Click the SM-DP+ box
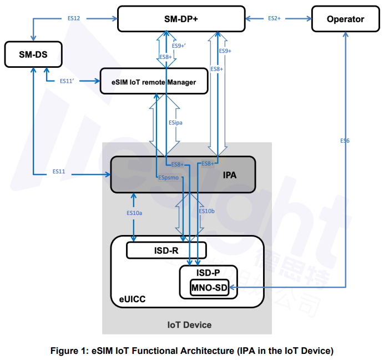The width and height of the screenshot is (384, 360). (x=181, y=18)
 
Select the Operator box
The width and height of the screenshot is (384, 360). (x=345, y=19)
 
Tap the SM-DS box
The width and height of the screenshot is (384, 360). (x=33, y=54)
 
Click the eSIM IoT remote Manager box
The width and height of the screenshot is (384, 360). (x=148, y=82)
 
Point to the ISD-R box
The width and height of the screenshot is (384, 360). (x=166, y=251)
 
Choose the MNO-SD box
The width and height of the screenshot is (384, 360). (x=209, y=288)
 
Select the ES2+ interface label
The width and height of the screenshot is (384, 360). (x=274, y=18)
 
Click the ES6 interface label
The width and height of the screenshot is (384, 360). (x=345, y=141)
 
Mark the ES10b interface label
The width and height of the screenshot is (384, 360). (x=207, y=211)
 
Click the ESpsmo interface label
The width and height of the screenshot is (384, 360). (x=168, y=178)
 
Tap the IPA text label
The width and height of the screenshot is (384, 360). (x=229, y=174)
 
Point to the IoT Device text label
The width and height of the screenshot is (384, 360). (x=189, y=324)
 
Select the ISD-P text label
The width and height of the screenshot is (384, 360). (x=208, y=273)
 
